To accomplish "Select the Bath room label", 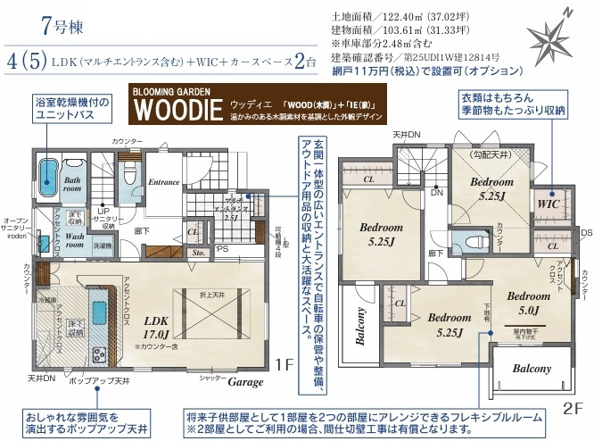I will click(x=72, y=184).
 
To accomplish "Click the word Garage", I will click(x=245, y=382).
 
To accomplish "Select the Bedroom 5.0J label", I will click(x=528, y=304).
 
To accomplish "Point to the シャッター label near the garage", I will click(x=211, y=379).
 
